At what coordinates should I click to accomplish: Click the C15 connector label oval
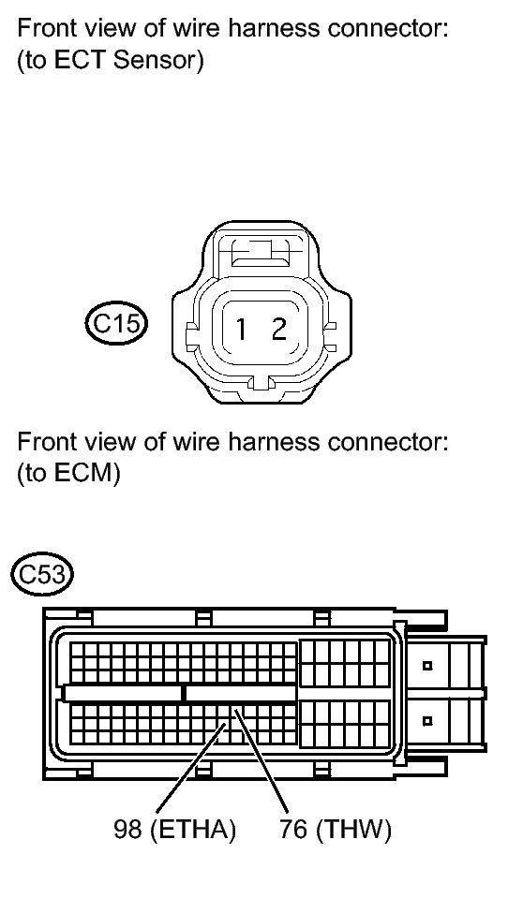pos(116,324)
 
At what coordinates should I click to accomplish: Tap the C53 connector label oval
pos(42,573)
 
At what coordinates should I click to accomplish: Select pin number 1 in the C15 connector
pos(242,330)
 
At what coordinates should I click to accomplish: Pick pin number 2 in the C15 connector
pos(279,329)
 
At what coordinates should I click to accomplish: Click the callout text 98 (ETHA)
pos(175,829)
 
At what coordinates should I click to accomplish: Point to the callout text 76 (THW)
pos(336,829)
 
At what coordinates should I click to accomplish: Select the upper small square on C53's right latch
pos(426,666)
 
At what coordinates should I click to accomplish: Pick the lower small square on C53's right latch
pos(426,721)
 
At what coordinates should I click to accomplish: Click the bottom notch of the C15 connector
pos(261,383)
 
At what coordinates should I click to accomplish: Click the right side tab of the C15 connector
pos(330,337)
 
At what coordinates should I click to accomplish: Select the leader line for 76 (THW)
pos(261,759)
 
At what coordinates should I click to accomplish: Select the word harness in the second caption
pos(273,442)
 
